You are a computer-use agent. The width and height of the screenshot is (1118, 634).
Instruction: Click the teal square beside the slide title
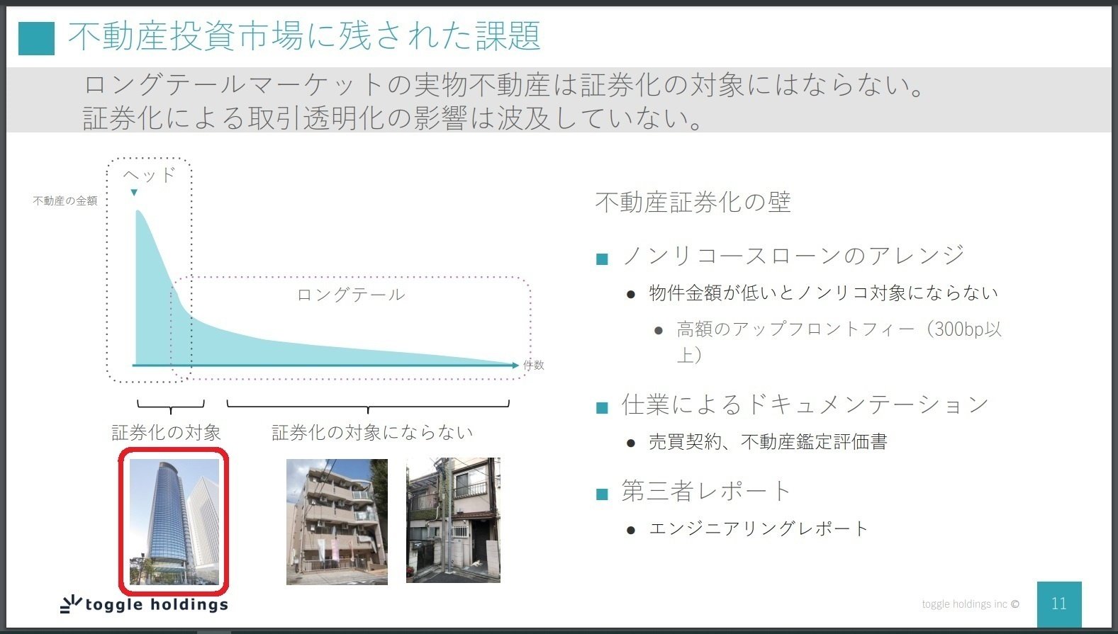(36, 38)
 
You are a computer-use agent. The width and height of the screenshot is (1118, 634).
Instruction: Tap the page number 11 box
(1059, 604)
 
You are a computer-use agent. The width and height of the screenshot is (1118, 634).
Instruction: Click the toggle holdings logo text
(157, 604)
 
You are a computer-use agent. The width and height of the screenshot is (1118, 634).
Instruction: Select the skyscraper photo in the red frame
(174, 522)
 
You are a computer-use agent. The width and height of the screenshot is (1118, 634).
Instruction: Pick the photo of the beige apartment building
(337, 522)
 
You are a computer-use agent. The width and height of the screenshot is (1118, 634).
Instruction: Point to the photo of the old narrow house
(453, 520)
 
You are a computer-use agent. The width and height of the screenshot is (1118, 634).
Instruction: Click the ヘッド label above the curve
(150, 175)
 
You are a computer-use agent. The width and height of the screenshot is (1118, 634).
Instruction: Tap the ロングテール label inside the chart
(351, 295)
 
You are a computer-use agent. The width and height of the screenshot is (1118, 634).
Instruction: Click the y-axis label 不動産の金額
(65, 201)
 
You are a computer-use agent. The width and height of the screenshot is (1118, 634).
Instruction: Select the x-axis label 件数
(534, 365)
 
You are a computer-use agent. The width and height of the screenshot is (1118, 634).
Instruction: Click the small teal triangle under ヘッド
(134, 193)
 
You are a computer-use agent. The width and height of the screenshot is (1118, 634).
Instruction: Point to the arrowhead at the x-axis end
(515, 366)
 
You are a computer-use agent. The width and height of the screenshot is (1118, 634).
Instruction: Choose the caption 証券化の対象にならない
(372, 433)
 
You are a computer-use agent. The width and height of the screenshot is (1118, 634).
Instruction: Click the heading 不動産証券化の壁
(693, 203)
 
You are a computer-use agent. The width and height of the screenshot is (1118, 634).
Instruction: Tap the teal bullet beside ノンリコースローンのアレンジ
(602, 259)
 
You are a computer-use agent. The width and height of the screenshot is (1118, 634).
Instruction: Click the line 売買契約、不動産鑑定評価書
(768, 442)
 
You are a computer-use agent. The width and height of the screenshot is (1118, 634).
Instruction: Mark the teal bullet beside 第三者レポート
(602, 494)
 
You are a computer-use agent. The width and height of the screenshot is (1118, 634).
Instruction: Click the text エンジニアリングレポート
(759, 528)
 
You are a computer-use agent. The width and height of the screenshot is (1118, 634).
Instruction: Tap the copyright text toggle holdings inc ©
(971, 604)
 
